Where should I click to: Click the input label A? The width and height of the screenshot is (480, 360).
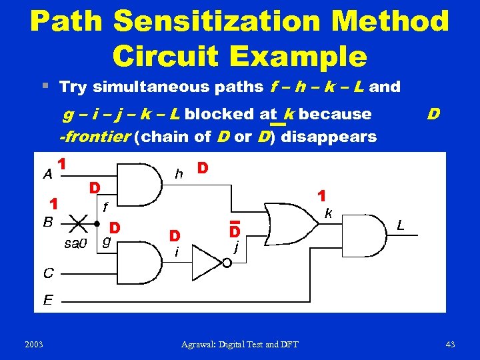click(48, 175)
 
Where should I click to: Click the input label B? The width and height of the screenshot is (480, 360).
click(48, 222)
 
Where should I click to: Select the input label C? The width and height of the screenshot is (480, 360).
click(48, 273)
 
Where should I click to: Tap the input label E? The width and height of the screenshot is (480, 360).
click(48, 300)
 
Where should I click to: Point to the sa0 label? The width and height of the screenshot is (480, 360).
click(75, 243)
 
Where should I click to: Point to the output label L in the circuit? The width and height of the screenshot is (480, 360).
click(401, 227)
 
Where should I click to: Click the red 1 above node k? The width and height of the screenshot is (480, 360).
click(321, 197)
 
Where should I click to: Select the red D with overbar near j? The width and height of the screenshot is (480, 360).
click(234, 231)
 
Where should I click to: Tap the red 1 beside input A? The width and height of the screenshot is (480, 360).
click(61, 163)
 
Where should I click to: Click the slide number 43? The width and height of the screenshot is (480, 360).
click(450, 344)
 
